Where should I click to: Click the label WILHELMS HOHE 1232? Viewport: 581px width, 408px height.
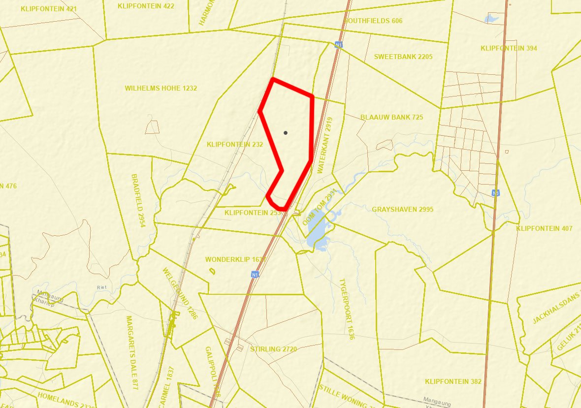pos(161,88)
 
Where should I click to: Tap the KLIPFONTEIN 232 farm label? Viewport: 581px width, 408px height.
pos(235,145)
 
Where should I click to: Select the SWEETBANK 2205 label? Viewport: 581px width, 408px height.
pos(403,57)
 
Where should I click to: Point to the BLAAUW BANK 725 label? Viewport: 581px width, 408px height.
pos(391,117)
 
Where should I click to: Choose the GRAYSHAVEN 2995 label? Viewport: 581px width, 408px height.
pos(402,209)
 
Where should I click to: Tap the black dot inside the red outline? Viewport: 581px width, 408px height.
pos(286,133)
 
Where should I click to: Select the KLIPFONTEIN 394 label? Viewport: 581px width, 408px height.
pos(509,48)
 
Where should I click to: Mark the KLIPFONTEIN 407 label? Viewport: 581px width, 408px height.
pos(545,228)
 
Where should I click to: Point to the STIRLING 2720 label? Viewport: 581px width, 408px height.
pos(273,349)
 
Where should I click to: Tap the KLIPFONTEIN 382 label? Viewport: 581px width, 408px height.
pos(453,381)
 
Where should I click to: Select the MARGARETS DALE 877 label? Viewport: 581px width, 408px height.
pos(132,352)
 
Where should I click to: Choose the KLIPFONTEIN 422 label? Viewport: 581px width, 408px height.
pos(146,6)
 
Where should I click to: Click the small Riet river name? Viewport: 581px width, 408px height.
pos(101,287)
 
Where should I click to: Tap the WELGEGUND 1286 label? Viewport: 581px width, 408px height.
pos(180,293)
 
